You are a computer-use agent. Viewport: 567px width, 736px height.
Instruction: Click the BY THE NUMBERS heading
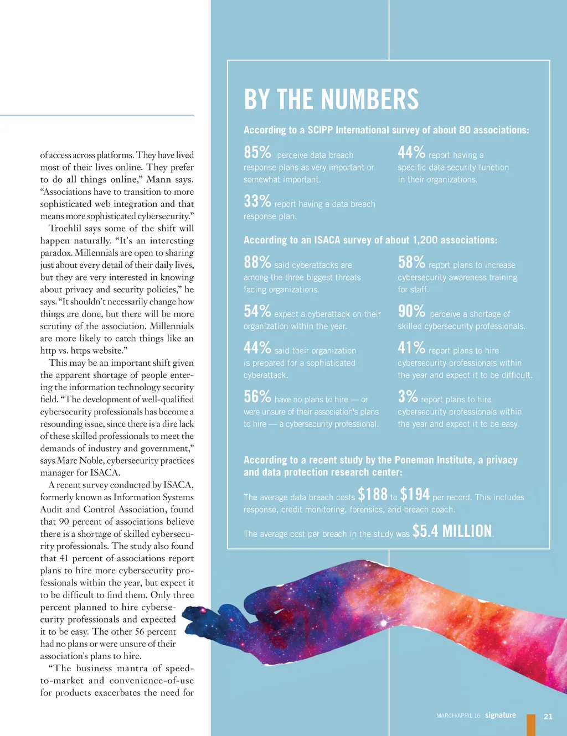point(331,100)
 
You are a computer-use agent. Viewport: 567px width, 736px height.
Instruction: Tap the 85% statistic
point(257,152)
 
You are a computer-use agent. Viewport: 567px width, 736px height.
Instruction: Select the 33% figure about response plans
point(257,201)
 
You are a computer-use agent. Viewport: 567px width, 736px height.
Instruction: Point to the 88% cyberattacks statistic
point(257,262)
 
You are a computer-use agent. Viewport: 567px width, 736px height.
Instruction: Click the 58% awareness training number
point(411,262)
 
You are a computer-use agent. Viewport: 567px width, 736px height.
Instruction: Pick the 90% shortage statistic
point(411,311)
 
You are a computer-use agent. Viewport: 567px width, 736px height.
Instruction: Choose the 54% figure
point(257,311)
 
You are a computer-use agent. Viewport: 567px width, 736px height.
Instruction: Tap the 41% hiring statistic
point(411,348)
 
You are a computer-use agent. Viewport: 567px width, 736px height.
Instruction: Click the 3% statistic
point(408,396)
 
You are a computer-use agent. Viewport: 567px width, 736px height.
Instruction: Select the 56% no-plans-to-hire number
point(257,396)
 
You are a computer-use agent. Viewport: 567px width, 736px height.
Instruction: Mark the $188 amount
point(373,494)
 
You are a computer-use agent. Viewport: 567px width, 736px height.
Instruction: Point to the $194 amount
point(415,494)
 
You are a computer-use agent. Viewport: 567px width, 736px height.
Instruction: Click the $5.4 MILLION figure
point(452,531)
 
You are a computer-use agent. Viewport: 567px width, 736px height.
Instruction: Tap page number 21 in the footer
point(548,716)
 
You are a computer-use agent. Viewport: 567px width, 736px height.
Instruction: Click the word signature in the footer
point(501,715)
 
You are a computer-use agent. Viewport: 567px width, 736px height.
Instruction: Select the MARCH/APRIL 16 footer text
point(458,716)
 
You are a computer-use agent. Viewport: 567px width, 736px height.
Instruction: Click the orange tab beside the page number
point(532,725)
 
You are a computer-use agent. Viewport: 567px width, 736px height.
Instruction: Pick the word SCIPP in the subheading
point(321,130)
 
